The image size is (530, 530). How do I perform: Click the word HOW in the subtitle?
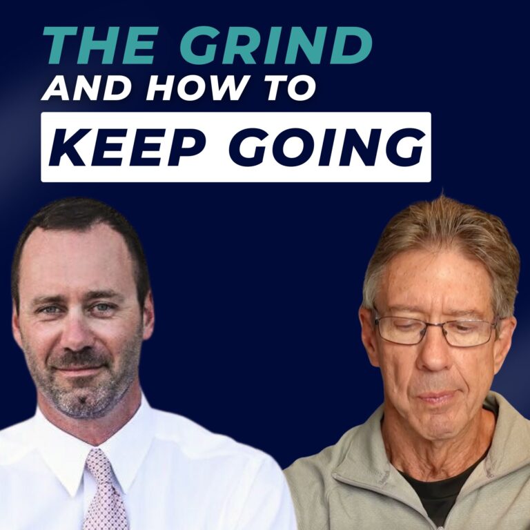click(x=176, y=88)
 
